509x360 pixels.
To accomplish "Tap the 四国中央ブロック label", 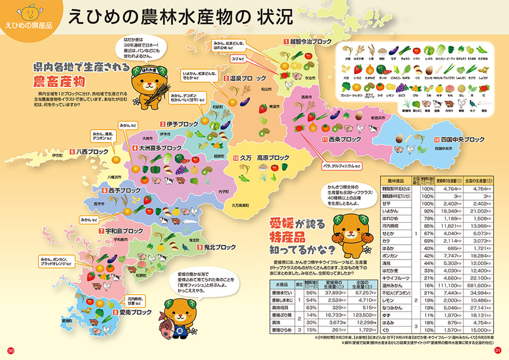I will (x=462, y=140).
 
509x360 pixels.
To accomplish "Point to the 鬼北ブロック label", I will (x=219, y=247).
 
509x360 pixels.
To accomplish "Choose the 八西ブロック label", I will (x=92, y=152).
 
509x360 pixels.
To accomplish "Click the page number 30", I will (x=11, y=351).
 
